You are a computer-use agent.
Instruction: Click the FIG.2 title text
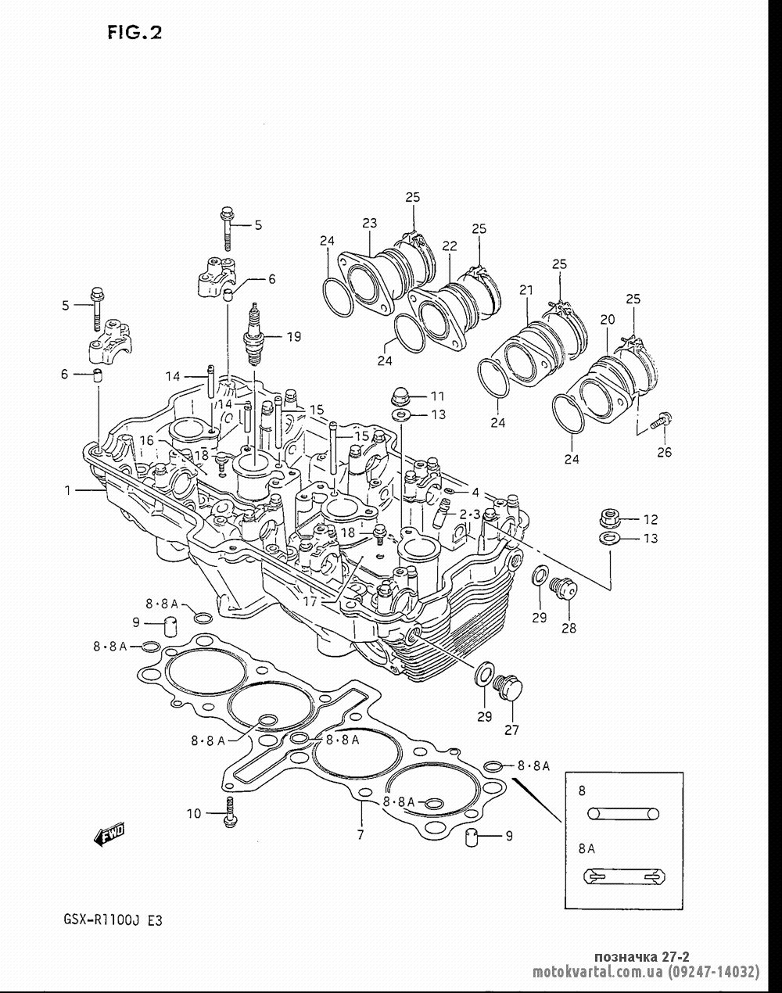(x=135, y=33)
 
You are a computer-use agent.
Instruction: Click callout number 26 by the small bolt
(x=664, y=452)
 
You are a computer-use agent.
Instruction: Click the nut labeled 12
(x=610, y=518)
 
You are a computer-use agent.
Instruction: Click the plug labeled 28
(x=563, y=588)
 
